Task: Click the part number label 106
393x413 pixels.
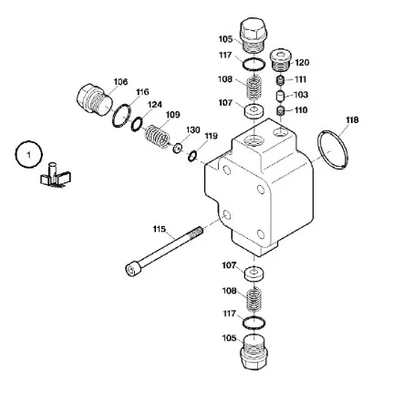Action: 120,82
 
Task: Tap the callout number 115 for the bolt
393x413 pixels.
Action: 160,229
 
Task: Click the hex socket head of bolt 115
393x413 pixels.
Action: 133,270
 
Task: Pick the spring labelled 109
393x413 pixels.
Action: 157,136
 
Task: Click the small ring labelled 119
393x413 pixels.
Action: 192,156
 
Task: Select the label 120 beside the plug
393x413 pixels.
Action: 302,63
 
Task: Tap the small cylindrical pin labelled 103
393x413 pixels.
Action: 280,96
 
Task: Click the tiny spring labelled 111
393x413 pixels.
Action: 280,80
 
